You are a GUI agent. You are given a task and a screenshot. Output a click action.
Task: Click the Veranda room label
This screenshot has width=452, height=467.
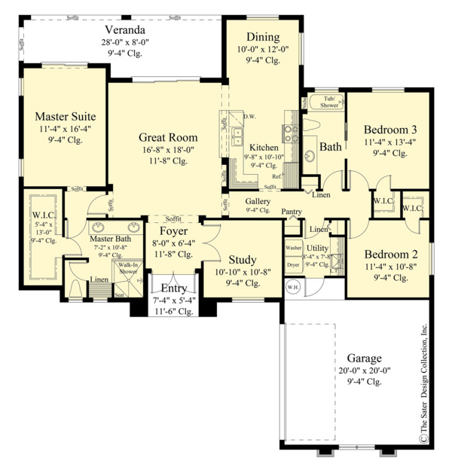pos(119,29)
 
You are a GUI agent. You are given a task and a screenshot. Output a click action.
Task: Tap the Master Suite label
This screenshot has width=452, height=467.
pos(66,117)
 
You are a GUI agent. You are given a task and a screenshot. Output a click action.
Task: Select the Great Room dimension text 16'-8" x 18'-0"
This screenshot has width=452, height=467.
pos(168,149)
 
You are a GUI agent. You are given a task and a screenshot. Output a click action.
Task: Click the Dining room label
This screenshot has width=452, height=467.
pos(262,37)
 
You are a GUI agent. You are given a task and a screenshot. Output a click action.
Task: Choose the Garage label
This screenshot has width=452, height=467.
pos(365,358)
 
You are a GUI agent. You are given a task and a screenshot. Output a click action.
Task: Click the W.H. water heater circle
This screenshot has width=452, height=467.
pos(292,286)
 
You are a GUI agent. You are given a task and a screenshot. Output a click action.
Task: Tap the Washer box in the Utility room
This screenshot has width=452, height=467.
pos(293,248)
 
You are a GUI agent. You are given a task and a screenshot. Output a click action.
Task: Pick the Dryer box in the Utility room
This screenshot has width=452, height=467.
pos(293,265)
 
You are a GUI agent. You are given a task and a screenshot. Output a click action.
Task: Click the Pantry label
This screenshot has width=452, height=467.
pos(292,212)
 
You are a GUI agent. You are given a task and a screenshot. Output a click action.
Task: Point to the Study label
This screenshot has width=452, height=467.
pos(242,259)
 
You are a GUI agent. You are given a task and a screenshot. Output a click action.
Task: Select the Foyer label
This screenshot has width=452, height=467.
pos(173,230)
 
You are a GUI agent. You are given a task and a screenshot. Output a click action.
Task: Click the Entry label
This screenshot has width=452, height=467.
pos(173,288)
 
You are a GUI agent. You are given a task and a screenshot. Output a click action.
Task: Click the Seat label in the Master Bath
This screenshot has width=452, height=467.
pos(119,295)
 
